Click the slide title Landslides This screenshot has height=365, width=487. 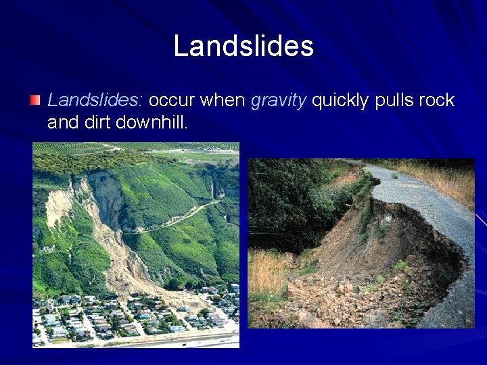tap(243, 46)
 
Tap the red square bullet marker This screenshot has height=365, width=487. tap(35, 101)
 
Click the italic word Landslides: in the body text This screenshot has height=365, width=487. tap(94, 101)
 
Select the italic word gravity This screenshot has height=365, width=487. tap(279, 101)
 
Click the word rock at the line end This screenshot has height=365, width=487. tap(436, 101)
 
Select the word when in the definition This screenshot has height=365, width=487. tap(224, 101)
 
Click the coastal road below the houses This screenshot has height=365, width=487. tap(169, 340)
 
